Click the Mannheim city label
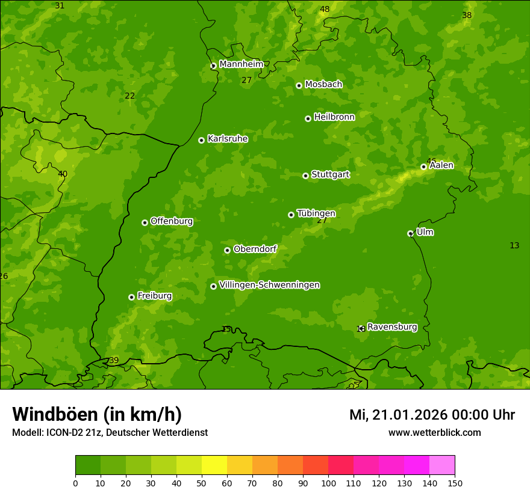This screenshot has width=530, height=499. point(241,64)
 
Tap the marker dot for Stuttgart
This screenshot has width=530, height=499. point(305,176)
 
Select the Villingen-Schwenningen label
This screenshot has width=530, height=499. point(269,285)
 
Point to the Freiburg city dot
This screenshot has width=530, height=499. point(131,297)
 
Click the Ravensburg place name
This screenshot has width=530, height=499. point(392,327)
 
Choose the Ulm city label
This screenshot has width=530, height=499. point(425,232)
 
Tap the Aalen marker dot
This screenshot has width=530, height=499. point(423,167)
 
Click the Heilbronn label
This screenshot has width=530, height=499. point(334,117)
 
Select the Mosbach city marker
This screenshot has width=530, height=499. point(299,85)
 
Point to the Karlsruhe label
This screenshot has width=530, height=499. point(228,139)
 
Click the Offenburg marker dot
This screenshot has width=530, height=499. point(145,222)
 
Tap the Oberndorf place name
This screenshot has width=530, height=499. point(255,249)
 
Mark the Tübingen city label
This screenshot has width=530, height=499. point(316,213)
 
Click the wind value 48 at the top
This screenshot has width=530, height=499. point(325,9)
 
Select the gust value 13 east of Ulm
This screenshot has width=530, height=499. point(514,245)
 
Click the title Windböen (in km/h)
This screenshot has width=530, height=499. point(97,414)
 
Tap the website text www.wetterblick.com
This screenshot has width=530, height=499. point(434,432)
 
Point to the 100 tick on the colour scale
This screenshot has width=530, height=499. point(328,483)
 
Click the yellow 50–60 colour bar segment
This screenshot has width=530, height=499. point(214,465)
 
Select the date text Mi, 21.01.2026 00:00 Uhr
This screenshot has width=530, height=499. point(432,415)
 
